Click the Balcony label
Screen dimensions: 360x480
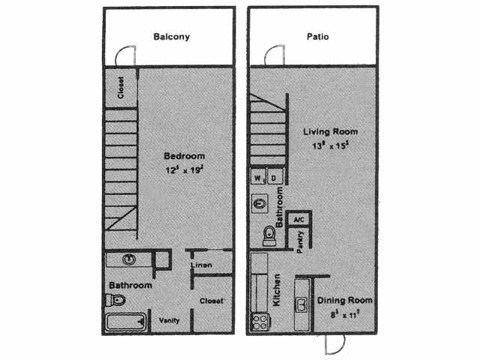coord(171,36)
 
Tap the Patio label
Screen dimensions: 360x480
coord(318,36)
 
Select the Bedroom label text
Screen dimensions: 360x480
coord(184,156)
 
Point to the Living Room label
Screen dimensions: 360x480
coord(330,132)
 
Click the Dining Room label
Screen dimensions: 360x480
coord(344,300)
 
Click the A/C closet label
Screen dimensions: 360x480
coord(298,220)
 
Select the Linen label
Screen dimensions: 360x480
coord(200,265)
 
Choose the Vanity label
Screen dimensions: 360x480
coord(169,320)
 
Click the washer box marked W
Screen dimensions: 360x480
coord(258,178)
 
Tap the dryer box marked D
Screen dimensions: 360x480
coord(274,178)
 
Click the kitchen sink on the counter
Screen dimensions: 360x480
coord(301,304)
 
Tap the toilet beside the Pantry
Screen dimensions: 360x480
coord(270,237)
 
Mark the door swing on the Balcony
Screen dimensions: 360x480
coord(127,55)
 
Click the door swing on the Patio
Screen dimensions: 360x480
coord(272,55)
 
